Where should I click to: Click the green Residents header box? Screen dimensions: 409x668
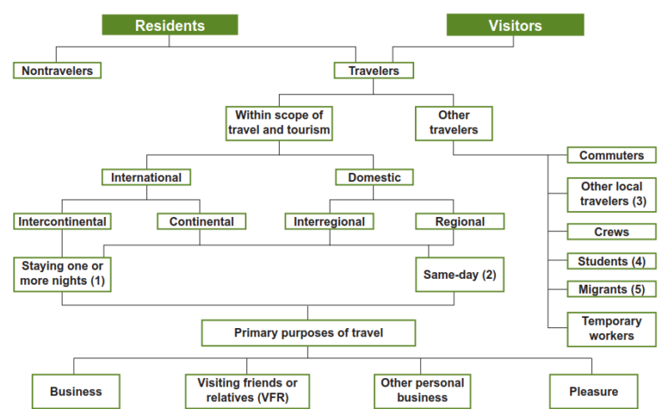coord(170,25)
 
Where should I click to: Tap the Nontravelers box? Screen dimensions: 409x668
coord(58,70)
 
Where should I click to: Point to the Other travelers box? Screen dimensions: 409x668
coord(453,122)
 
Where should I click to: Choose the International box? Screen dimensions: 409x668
coord(146,177)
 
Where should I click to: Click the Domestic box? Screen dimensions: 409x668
coord(374,177)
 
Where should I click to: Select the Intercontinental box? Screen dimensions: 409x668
coord(62,221)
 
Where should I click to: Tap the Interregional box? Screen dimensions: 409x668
coord(330,221)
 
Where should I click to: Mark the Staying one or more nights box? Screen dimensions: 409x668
coord(63,274)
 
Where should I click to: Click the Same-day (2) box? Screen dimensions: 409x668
coord(459,274)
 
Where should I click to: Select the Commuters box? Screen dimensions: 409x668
coord(611,155)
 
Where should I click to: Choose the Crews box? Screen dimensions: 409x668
coord(611,231)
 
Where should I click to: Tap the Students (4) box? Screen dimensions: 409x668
coord(611,261)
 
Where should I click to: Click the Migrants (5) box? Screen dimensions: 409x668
coord(611,289)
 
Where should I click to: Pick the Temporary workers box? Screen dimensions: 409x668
coord(611,328)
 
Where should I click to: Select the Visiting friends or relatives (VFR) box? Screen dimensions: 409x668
coord(245,391)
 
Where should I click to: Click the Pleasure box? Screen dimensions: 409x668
coord(595,391)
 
